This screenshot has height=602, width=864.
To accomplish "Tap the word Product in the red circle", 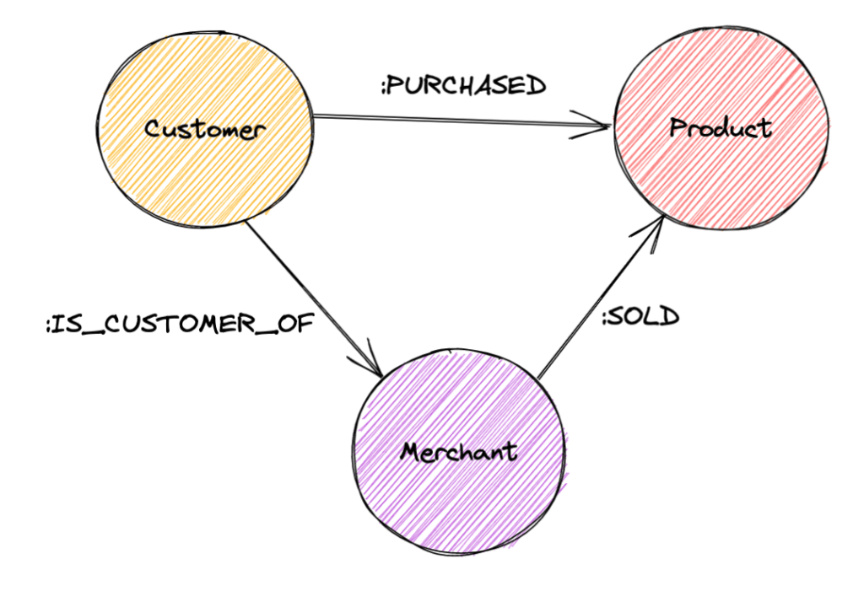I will (x=720, y=127).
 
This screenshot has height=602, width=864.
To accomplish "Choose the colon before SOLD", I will (x=603, y=319).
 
